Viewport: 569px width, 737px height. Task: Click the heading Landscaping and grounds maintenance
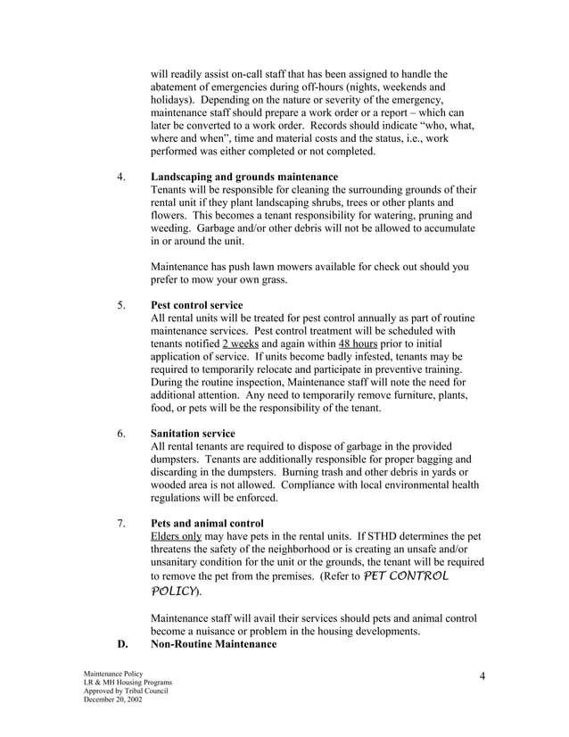[x=243, y=177]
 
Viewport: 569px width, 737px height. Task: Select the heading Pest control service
[x=196, y=305]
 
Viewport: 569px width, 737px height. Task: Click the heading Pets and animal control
[x=208, y=522]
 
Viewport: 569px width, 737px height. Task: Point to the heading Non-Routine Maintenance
[x=213, y=643]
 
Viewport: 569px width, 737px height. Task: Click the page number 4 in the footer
[x=482, y=675]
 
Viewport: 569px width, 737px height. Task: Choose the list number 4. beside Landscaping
[x=121, y=177]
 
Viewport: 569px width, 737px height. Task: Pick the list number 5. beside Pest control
[x=121, y=305]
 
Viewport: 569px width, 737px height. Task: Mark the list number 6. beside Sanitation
[x=121, y=433]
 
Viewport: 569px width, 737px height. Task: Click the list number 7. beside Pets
[x=121, y=522]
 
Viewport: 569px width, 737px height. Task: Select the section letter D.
[x=123, y=643]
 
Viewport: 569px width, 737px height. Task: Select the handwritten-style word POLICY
[x=175, y=593]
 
